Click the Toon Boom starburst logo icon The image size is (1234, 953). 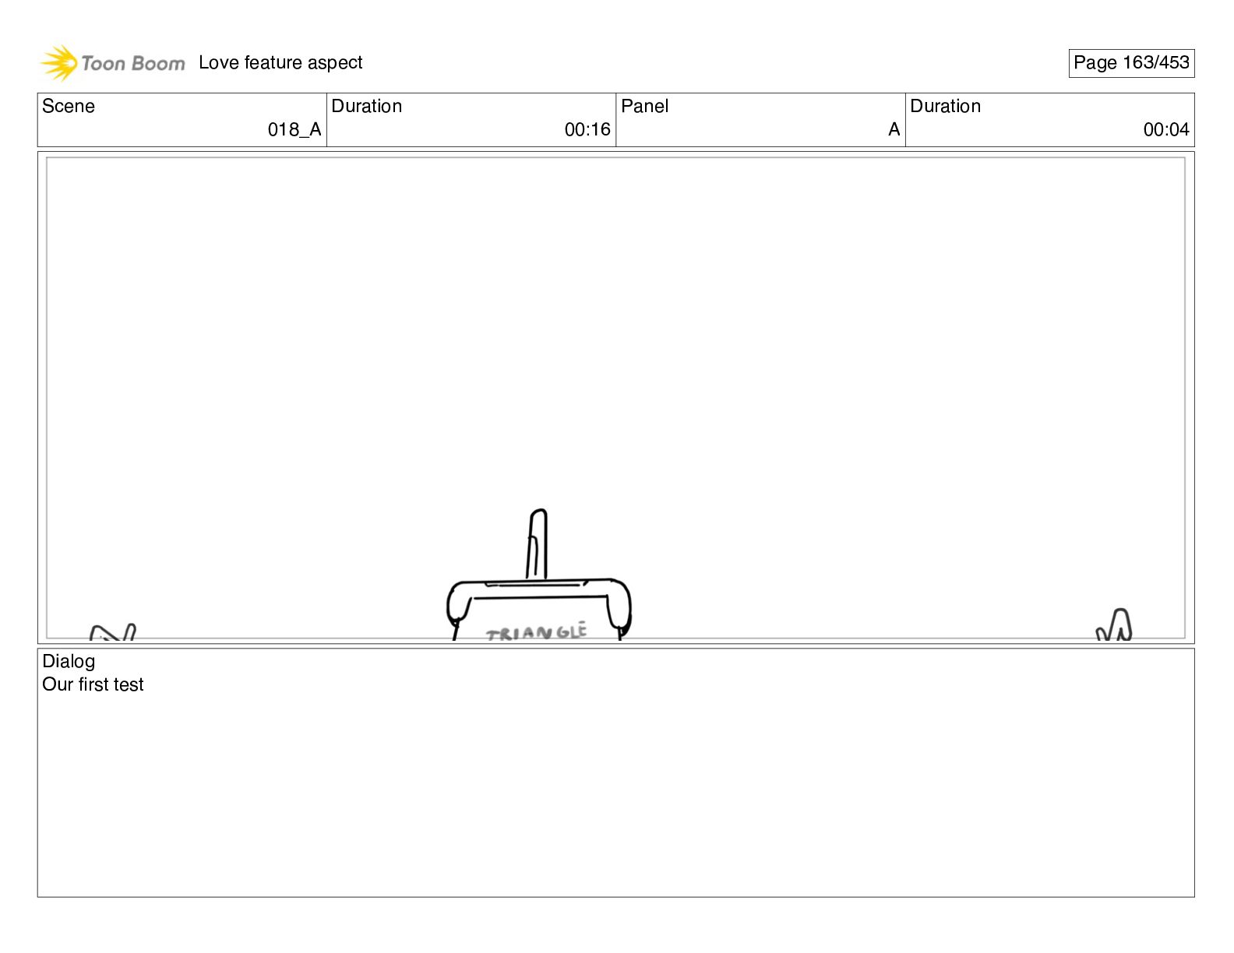(58, 63)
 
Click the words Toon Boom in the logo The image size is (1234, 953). (133, 64)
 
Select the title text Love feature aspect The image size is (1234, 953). (280, 63)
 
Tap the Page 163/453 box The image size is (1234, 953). (1131, 63)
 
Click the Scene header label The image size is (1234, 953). (69, 107)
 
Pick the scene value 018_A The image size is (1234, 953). (294, 130)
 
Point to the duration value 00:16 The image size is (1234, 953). (587, 130)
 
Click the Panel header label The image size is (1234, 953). (645, 107)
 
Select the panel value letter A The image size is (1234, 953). (894, 130)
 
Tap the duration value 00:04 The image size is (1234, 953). (1166, 130)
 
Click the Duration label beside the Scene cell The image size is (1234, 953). (367, 107)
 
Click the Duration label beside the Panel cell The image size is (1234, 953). (946, 107)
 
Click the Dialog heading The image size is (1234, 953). (69, 662)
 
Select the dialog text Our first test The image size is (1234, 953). (93, 685)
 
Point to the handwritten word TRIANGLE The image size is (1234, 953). (536, 633)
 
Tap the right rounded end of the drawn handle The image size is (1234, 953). (620, 606)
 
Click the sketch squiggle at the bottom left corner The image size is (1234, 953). (114, 632)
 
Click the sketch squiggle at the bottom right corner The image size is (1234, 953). (1115, 625)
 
